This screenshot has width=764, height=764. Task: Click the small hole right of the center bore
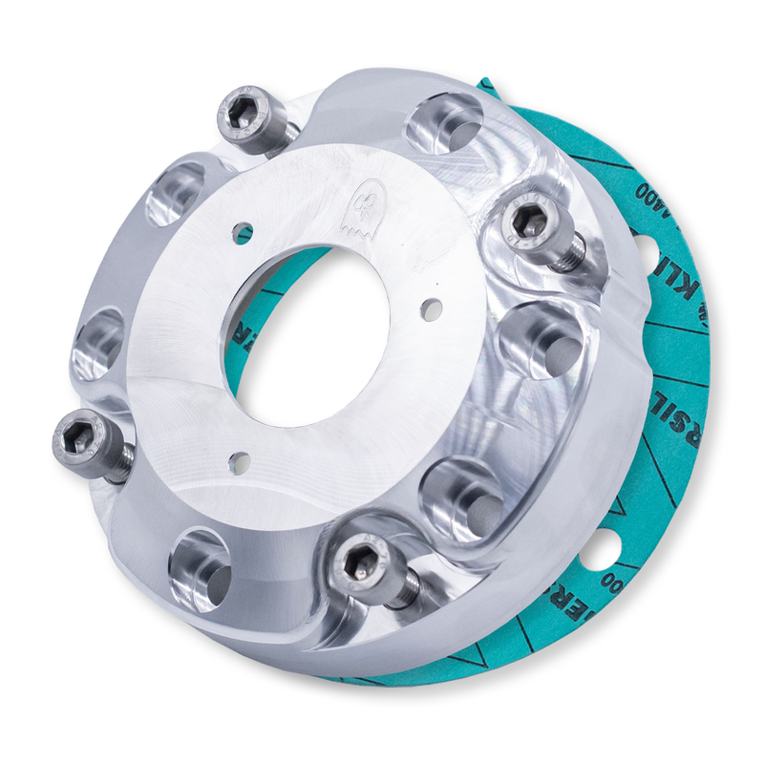point(432,308)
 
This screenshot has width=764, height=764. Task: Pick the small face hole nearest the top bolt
point(243,231)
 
